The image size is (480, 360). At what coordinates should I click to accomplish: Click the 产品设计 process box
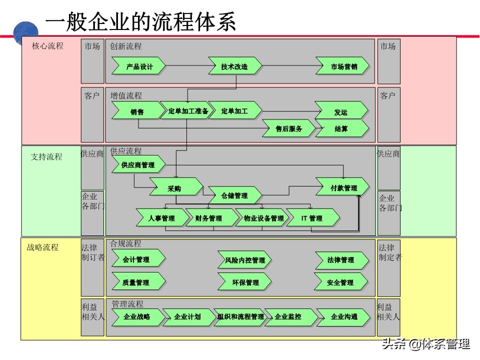click(x=139, y=66)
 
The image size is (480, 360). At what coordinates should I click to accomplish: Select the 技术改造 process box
click(x=234, y=66)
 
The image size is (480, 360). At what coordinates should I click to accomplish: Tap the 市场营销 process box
click(x=343, y=66)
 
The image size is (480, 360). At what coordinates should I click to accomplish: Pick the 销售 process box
click(x=136, y=111)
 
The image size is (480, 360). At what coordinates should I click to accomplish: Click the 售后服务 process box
click(x=289, y=128)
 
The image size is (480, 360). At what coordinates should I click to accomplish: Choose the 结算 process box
click(x=341, y=128)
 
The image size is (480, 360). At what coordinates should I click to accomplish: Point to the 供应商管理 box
click(x=138, y=164)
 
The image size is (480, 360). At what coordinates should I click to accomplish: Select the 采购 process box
click(x=175, y=188)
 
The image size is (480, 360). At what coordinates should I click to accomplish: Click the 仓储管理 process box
click(x=234, y=195)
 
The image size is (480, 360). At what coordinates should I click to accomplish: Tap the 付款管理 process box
click(x=343, y=188)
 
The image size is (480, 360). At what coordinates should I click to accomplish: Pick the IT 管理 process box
click(x=312, y=218)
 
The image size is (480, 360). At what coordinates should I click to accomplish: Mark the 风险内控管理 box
click(x=245, y=260)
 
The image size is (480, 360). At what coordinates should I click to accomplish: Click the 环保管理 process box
click(x=245, y=282)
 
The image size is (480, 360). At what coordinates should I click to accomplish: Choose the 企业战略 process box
click(x=137, y=316)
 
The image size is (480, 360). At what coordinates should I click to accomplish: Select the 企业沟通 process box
click(x=344, y=316)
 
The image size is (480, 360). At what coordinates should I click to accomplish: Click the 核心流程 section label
click(x=47, y=46)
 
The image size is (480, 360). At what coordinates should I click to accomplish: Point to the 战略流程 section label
click(x=42, y=247)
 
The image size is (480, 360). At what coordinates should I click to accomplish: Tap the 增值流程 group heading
click(x=126, y=95)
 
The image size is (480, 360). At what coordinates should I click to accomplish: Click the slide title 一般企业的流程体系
click(x=140, y=22)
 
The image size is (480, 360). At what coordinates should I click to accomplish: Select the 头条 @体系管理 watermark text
click(x=425, y=344)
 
